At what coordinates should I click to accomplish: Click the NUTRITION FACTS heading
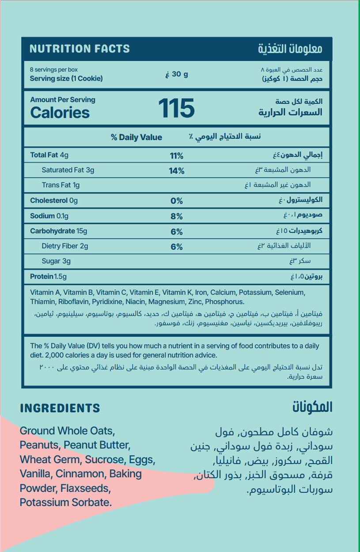coord(80,49)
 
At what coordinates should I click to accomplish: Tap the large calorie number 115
coord(176,108)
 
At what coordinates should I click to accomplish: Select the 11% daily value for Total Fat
coord(176,156)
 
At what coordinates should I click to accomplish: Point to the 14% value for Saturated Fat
coord(176,171)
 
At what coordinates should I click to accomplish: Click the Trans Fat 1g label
coord(61,185)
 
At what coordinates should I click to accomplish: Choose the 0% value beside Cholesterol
coord(176,201)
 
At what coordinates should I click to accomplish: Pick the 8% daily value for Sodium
coord(176,217)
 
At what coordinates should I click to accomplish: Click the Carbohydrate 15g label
coord(58,231)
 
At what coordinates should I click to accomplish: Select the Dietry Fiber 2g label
coord(65,246)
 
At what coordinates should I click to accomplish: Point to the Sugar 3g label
coord(56,261)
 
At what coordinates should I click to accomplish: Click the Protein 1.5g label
coord(48,277)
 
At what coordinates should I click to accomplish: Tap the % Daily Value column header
coord(136,137)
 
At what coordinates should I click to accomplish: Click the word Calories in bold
coord(60,113)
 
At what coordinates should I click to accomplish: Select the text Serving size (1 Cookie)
coord(66,79)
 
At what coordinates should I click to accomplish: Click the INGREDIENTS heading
coord(60,408)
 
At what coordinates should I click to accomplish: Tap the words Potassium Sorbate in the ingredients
coord(66,503)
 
